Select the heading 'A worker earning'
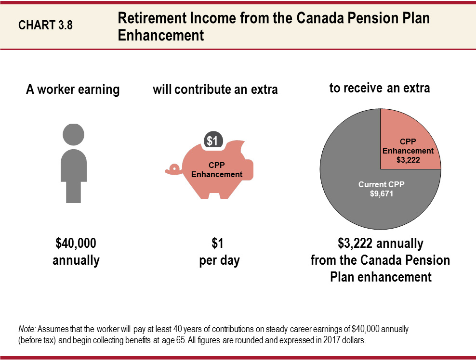point(72,90)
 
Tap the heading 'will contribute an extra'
point(215,90)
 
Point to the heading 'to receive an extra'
point(379,88)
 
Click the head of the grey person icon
point(73,134)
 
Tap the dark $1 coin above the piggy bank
point(213,141)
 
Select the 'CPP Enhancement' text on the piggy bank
point(217,170)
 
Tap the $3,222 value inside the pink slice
point(408,159)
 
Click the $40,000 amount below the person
point(76,244)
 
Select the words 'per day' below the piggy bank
point(219,260)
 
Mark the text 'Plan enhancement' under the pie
point(380,277)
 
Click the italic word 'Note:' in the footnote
point(26,330)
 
